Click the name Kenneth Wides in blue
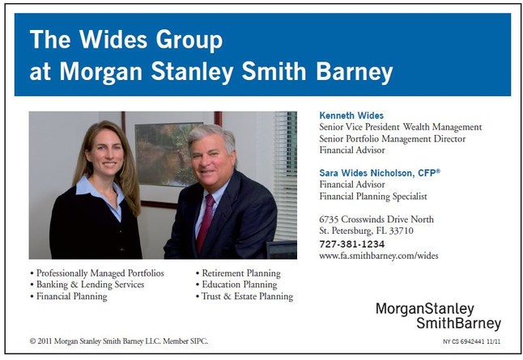point(351,116)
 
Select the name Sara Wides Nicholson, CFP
point(380,173)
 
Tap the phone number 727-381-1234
point(352,244)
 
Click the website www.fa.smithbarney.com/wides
point(379,256)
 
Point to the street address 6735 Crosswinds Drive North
point(376,219)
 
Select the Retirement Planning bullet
point(238,273)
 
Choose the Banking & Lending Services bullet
point(87,285)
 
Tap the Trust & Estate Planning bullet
point(244,296)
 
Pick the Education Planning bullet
point(236,285)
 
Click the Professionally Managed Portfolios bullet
point(97,273)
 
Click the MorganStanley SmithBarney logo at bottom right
point(438,316)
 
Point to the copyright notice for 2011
point(119,341)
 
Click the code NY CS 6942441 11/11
point(472,341)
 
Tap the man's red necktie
point(205,222)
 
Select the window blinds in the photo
point(286,176)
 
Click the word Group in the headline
point(189,40)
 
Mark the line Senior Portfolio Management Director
point(392,138)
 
